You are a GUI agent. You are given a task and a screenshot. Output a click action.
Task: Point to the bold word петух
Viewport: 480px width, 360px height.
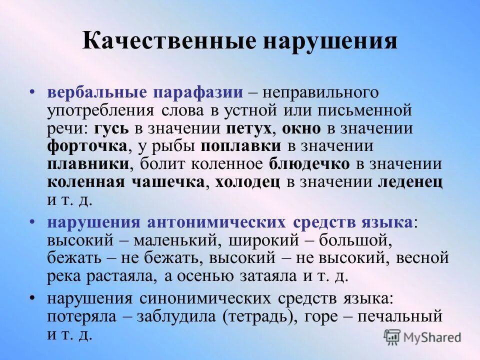[249, 128]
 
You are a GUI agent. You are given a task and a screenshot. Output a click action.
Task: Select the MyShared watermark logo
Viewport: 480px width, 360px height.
[422, 337]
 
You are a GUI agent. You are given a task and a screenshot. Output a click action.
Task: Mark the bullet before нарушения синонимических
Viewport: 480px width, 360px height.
[32, 298]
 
